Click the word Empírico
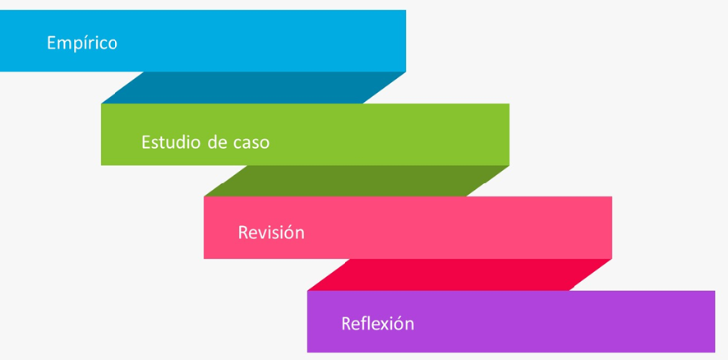click(x=82, y=43)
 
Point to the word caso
click(x=251, y=142)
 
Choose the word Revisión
click(x=271, y=233)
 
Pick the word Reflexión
click(x=377, y=323)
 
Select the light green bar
click(x=370, y=135)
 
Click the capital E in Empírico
click(x=52, y=43)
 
